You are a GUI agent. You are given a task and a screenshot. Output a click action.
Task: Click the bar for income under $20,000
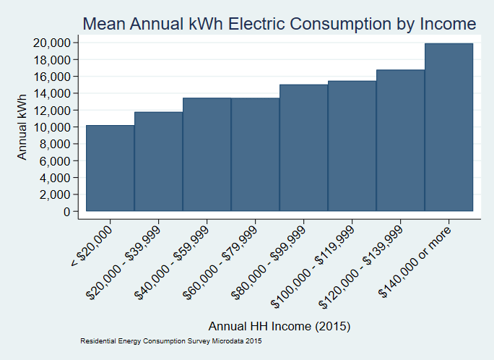pos(110,168)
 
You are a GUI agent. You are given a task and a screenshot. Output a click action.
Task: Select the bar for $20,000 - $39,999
pos(158,162)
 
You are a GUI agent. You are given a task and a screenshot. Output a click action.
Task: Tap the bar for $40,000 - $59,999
pos(207,155)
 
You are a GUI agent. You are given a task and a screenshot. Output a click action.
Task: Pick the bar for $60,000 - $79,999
pos(255,155)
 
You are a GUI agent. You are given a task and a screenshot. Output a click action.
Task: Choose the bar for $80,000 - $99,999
pos(303,148)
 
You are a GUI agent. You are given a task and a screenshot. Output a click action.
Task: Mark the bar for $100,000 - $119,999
pos(352,146)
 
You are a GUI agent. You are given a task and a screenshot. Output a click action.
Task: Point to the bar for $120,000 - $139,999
pos(400,141)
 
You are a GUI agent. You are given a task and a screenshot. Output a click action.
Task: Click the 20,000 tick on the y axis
pos(51,43)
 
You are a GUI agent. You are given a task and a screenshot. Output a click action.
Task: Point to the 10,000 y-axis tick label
pos(51,127)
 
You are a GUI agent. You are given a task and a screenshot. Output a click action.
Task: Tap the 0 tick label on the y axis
pos(66,212)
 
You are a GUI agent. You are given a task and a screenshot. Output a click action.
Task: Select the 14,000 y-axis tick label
pos(51,93)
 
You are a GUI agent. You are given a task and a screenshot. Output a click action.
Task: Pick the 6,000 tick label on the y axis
pos(54,161)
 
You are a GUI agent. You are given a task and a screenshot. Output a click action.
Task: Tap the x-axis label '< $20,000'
pos(92,246)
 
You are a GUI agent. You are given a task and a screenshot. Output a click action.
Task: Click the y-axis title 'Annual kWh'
pos(22,127)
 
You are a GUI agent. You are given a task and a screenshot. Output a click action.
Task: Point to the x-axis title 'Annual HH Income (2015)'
pos(279,326)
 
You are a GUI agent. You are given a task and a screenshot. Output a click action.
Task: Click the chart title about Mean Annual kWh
pos(279,24)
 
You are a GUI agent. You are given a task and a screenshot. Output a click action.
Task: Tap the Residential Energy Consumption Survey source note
pos(170,340)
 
